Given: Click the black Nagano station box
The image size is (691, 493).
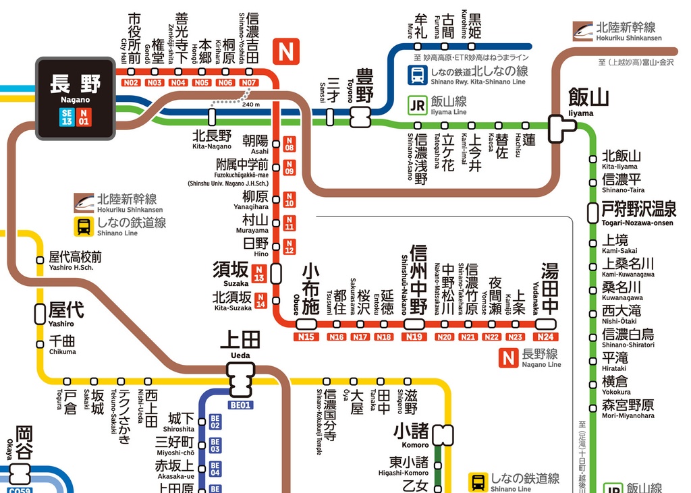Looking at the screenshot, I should pyautogui.click(x=76, y=98).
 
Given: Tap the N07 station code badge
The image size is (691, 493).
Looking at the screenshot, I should pyautogui.click(x=250, y=82).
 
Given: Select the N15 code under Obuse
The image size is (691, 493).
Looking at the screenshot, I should pyautogui.click(x=307, y=337).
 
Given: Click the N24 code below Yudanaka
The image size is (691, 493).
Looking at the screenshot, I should pyautogui.click(x=546, y=337).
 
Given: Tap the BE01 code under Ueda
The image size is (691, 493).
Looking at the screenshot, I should pyautogui.click(x=241, y=405).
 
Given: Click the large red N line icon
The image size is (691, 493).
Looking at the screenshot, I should pyautogui.click(x=285, y=50).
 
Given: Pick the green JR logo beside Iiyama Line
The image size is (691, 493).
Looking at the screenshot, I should pyautogui.click(x=418, y=105).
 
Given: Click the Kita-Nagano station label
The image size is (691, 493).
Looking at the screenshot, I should pyautogui.click(x=212, y=139).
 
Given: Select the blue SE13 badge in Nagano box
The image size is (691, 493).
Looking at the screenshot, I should pyautogui.click(x=66, y=117).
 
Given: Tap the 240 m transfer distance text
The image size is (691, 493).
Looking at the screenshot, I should pyautogui.click(x=250, y=105).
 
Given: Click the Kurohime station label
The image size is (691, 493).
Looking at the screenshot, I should pyautogui.click(x=475, y=24).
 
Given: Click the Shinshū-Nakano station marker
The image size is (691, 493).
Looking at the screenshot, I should pyautogui.click(x=414, y=324).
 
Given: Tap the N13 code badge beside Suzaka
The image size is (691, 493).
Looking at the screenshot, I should pyautogui.click(x=258, y=274).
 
